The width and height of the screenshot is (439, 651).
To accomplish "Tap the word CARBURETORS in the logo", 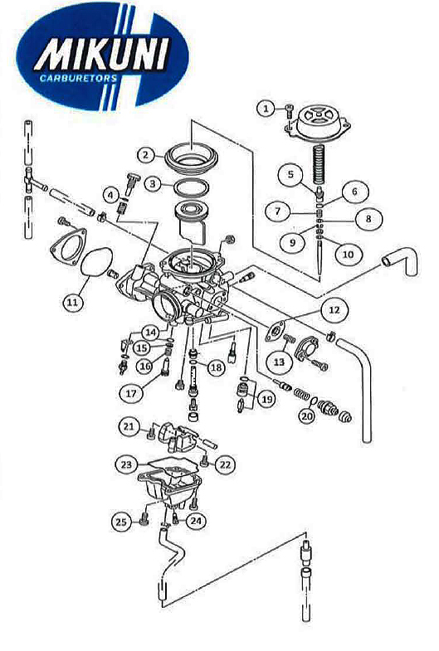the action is (78, 78).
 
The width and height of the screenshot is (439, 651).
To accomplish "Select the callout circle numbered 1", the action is (266, 109).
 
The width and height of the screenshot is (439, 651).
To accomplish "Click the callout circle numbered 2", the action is (146, 155).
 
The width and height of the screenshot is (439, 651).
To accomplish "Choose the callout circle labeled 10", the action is (348, 254).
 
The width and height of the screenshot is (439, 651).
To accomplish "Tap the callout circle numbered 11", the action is (73, 302).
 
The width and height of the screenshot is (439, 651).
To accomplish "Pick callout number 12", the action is (334, 309).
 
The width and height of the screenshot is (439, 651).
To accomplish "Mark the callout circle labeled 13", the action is (280, 362).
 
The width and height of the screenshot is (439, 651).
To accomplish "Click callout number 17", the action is (131, 393).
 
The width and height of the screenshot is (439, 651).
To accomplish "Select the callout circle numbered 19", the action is (266, 399).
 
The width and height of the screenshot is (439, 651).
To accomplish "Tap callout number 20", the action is (307, 416).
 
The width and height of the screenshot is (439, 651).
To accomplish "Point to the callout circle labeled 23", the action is (126, 464).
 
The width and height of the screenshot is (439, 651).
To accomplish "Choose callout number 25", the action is (121, 522).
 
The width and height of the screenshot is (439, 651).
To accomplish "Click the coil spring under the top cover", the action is (319, 166).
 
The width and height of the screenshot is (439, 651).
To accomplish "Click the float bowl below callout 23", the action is (169, 491).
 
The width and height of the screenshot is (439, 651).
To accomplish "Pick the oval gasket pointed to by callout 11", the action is (96, 262).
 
